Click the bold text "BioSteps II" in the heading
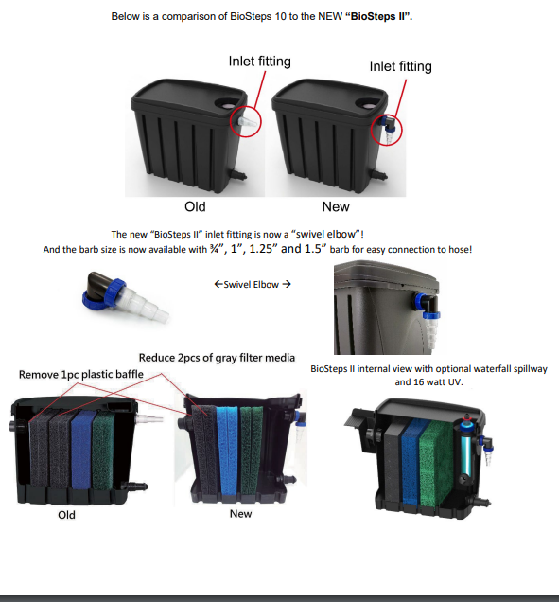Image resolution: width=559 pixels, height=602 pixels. click(378, 16)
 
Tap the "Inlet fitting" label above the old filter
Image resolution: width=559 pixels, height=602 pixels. click(260, 62)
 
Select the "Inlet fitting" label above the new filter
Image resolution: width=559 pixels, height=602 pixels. click(400, 66)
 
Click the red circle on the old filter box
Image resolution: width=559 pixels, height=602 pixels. click(246, 108)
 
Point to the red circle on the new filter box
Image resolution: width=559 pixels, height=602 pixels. click(386, 115)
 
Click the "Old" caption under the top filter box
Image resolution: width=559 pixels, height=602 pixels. click(195, 206)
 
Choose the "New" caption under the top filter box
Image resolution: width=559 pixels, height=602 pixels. click(336, 206)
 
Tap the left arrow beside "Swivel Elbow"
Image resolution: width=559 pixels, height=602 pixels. click(218, 284)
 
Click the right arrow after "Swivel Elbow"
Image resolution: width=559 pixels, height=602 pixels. click(287, 284)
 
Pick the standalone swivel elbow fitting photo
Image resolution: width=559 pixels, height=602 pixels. click(126, 296)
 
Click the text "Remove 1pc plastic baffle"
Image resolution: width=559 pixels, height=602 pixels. click(81, 374)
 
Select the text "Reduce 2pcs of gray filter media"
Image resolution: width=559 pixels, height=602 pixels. click(217, 358)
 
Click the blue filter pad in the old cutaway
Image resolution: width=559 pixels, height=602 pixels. click(82, 450)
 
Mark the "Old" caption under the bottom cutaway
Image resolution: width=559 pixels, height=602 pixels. click(66, 515)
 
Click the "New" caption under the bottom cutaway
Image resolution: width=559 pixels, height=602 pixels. click(240, 514)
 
